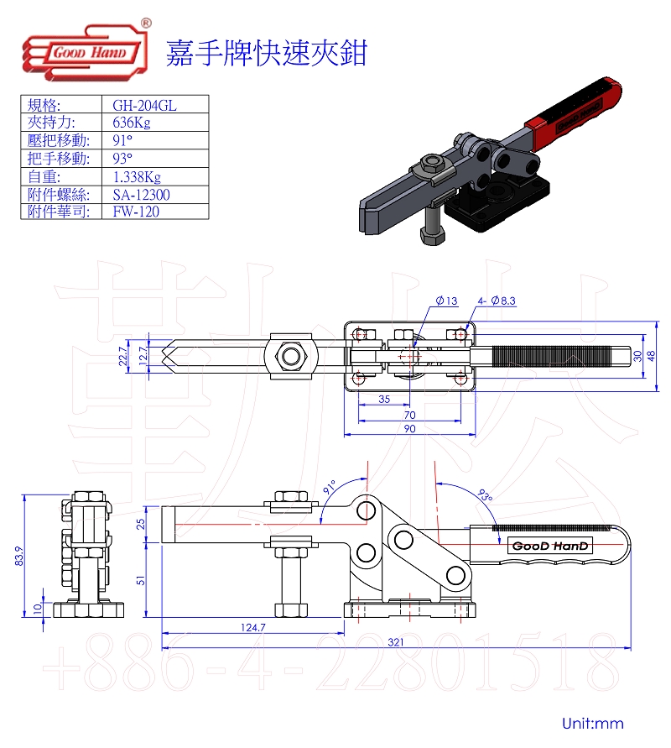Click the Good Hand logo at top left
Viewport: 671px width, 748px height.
[86, 50]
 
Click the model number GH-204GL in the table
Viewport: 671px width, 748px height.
[144, 105]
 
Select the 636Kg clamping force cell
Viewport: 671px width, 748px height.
[132, 123]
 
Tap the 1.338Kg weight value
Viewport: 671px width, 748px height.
[137, 177]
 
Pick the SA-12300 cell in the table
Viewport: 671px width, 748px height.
[141, 195]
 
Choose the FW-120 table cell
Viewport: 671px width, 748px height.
[136, 212]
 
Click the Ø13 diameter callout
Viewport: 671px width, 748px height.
[446, 301]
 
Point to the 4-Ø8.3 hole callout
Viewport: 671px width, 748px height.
[497, 301]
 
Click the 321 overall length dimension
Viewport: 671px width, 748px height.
[396, 642]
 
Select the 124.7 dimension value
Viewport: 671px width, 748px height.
[253, 627]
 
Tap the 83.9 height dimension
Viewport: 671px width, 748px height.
[19, 557]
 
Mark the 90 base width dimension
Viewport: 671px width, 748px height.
[409, 429]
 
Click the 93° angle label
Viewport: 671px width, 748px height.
[485, 495]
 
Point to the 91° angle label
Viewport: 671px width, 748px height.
[330, 487]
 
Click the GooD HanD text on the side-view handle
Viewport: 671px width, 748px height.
[550, 546]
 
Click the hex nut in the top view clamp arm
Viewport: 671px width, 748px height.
[289, 356]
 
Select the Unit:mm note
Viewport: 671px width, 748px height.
[593, 723]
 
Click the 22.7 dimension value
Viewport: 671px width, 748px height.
[123, 356]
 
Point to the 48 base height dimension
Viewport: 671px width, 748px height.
[651, 356]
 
